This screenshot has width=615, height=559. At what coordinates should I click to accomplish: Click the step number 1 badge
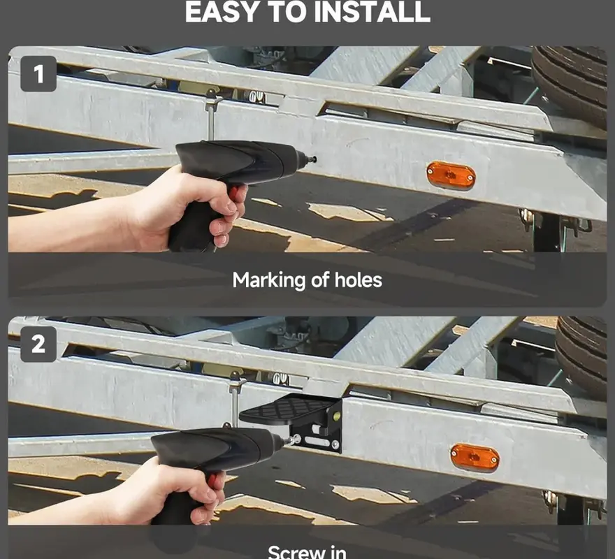38,74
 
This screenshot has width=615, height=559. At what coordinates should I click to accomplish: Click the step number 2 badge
38,344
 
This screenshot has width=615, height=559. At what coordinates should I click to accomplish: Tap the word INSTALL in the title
372,12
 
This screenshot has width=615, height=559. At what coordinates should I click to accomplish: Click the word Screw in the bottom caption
289,552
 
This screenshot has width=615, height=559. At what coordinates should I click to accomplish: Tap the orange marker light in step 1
451,175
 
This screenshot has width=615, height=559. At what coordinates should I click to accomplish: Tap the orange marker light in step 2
475,458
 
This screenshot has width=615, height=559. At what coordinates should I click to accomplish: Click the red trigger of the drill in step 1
233,192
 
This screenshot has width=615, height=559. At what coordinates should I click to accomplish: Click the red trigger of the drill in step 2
212,480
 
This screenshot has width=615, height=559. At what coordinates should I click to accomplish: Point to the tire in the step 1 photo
572,84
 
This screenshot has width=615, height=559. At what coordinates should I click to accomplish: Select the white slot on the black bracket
317,442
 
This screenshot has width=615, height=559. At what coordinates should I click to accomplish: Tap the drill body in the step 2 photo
212,455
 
